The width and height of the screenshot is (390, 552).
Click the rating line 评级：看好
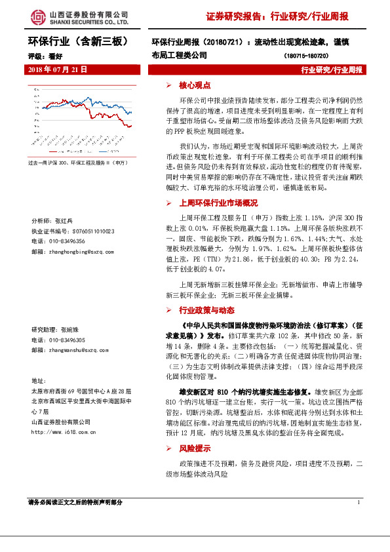pyautogui.click(x=41, y=56)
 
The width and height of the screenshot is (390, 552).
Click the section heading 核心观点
pyautogui.click(x=195, y=85)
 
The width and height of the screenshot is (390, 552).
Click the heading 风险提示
pyautogui.click(x=195, y=450)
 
